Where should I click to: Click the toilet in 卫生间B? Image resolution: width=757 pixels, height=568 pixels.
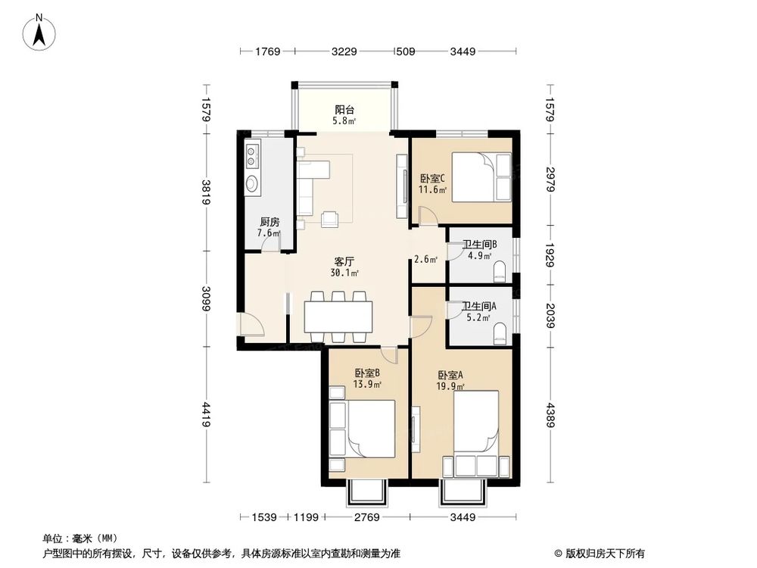[500, 271]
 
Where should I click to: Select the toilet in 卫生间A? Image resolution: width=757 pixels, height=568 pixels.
[500, 333]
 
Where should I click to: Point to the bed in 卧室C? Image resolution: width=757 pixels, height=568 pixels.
[481, 176]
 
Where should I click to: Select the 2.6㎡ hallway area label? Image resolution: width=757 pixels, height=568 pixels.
[425, 260]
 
